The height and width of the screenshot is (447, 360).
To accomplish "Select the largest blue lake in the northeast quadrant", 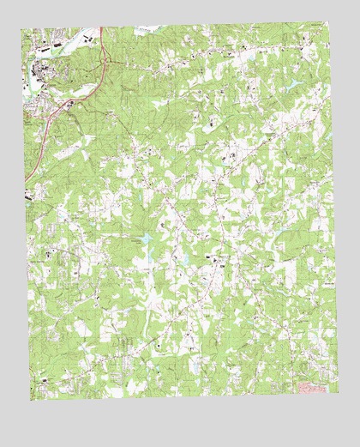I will [x=295, y=83].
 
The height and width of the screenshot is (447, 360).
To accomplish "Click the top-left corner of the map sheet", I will [x=22, y=28].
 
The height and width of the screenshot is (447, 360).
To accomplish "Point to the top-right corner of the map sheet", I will [x=329, y=26].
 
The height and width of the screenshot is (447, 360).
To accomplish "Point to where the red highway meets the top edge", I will [x=101, y=28].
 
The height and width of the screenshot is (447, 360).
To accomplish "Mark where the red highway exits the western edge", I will [x=26, y=180].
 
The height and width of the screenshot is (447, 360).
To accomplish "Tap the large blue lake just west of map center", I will [x=147, y=238].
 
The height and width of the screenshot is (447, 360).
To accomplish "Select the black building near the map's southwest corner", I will [x=43, y=378].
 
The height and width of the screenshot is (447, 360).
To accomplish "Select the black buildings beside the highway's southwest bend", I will [x=69, y=104].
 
